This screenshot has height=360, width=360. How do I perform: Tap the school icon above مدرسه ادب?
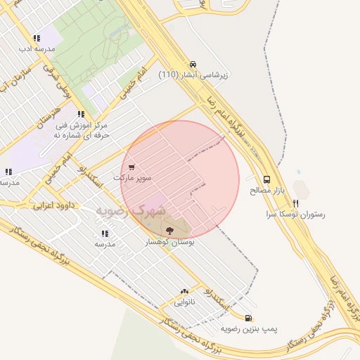(37, 38)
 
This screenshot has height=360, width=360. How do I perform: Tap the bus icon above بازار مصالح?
(266, 179)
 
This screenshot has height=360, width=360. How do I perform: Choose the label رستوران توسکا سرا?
(296, 214)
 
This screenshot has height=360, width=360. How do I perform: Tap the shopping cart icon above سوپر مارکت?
(131, 167)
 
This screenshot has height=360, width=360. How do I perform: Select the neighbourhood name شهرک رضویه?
(131, 210)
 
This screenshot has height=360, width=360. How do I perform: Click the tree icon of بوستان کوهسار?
(169, 230)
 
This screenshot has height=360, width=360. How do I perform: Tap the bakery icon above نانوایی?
(184, 291)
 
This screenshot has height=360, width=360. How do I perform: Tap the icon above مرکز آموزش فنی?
(82, 114)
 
